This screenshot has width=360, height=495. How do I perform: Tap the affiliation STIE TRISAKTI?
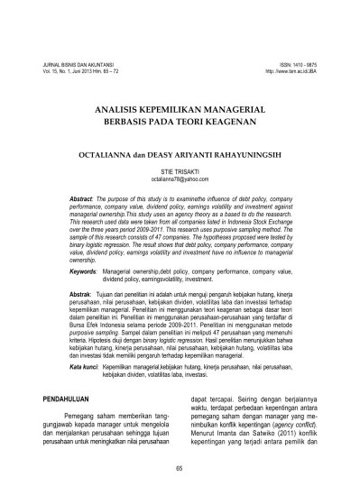pyautogui.click(x=180, y=169)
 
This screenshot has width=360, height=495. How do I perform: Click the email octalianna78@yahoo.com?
pyautogui.click(x=180, y=176)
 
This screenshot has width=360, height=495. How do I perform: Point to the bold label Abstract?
pyautogui.click(x=84, y=197)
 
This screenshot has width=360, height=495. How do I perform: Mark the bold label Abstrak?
pyautogui.click(x=82, y=270)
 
